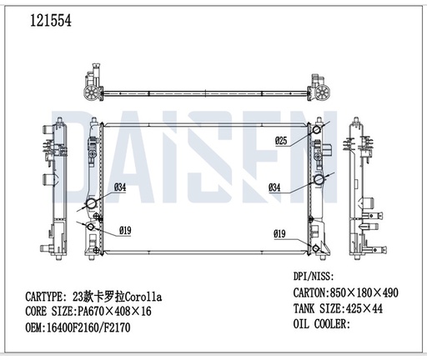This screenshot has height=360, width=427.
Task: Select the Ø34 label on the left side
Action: click(118, 187)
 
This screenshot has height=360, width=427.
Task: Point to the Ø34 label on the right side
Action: click(274, 187)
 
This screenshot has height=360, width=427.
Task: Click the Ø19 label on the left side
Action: click(125, 230)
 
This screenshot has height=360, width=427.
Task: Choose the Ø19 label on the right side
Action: click(281, 233)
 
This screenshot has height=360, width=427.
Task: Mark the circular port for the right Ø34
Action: click(318, 180)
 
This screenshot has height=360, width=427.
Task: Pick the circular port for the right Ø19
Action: click(315, 233)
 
